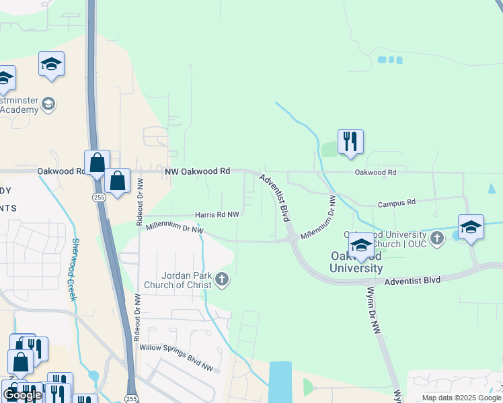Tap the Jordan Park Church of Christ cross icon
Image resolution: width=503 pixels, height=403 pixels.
[x=221, y=279]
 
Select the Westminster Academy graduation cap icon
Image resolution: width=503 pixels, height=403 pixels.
[x=48, y=103]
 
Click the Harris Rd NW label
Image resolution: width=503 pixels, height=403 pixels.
[x=217, y=215]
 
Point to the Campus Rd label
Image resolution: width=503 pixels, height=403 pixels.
[x=397, y=203]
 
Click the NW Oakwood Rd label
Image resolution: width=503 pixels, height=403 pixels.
[x=198, y=172]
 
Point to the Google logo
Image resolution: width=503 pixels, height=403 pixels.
[x=22, y=395]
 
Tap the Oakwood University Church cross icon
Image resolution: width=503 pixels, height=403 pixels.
[x=437, y=237]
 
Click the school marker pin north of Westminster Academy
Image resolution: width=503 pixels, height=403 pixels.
[x=51, y=64]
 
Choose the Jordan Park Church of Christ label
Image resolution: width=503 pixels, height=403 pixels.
[x=187, y=280]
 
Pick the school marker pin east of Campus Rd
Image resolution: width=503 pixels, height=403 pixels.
[x=471, y=227]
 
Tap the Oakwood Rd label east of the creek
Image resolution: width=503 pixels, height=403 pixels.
[x=375, y=173]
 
